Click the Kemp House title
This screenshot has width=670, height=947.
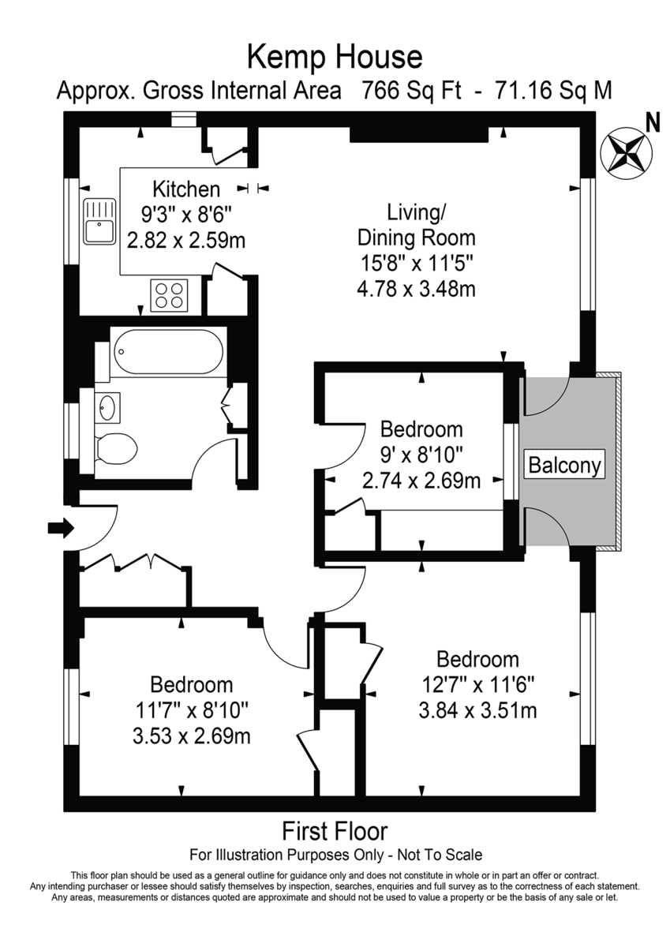335,56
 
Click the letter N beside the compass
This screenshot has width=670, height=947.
652,122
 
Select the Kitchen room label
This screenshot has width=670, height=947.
186,189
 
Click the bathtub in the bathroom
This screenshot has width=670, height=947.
167,352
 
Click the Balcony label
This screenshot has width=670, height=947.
565,465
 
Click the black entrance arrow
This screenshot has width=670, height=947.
60,527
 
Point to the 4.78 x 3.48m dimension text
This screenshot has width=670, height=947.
416,288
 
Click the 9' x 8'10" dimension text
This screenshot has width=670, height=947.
421,455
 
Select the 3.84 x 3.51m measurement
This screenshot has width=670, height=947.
477,710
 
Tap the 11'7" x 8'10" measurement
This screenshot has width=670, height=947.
192,710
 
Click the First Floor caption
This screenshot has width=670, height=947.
335,831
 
